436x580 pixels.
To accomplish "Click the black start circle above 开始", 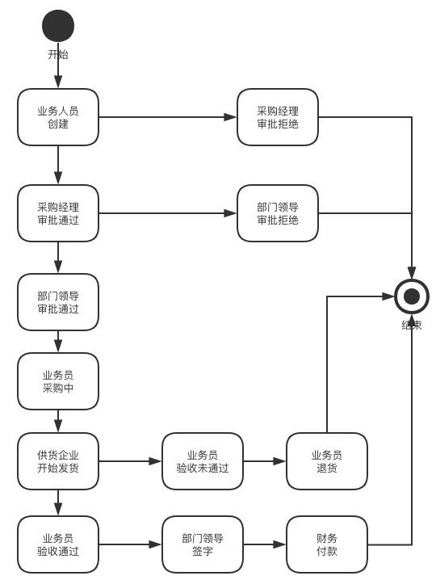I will [58, 26].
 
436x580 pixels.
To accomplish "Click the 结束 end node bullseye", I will [412, 296].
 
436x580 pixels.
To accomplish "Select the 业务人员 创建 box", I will [58, 117].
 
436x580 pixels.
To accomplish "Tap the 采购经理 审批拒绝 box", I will [278, 117].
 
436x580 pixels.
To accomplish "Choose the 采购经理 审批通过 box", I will [58, 213].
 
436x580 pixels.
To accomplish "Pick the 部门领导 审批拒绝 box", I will [278, 213].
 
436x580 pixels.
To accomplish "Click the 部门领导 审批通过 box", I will [58, 302].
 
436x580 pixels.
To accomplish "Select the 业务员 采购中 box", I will [58, 381].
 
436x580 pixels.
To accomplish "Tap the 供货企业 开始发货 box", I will [58, 461].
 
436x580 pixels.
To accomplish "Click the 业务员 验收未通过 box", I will [203, 461].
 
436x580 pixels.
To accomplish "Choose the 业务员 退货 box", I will [327, 461].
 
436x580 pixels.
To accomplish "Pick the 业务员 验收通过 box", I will [58, 544].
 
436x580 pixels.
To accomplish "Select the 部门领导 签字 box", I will [203, 544].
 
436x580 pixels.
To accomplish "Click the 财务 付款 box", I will [327, 544].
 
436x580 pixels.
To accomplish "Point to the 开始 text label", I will [58, 54].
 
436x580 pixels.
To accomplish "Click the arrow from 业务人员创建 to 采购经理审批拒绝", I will [168, 117].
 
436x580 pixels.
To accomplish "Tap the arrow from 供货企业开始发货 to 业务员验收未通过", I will [130, 461].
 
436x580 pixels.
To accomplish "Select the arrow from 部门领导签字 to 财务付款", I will [265, 544].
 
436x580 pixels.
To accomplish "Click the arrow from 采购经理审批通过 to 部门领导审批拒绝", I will [168, 213].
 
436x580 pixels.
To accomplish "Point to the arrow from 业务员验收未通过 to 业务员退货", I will [265, 461].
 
